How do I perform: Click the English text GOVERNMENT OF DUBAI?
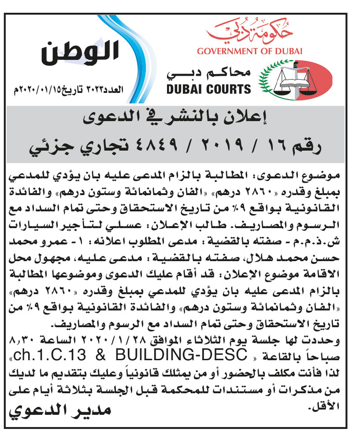pos(249,51)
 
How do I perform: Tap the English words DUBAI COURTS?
pos(209,89)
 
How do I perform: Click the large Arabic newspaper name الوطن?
pos(81,52)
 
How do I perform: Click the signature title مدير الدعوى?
pos(60,411)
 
